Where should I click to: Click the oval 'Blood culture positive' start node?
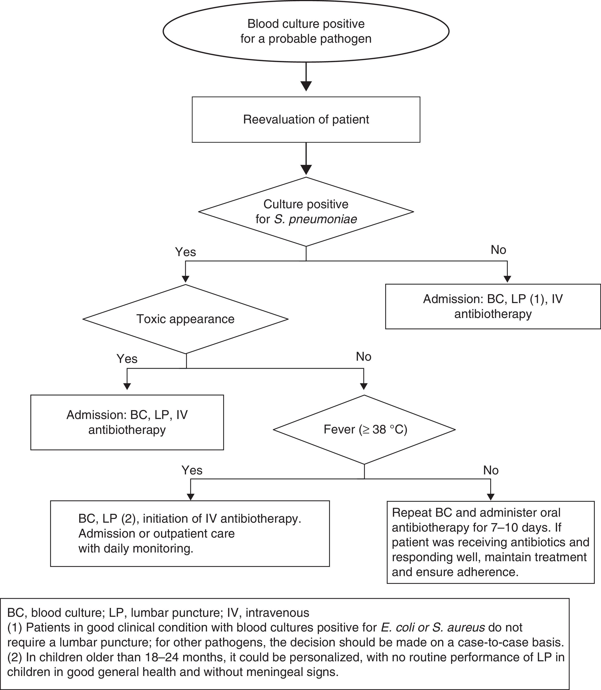click(306, 31)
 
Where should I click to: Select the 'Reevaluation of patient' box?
click(306, 119)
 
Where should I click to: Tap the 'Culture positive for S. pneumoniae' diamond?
click(306, 212)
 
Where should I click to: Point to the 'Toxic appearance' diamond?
click(186, 319)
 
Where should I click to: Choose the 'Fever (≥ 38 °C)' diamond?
click(364, 430)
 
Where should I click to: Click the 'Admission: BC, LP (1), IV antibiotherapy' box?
click(493, 307)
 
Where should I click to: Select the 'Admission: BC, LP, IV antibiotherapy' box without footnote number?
click(127, 422)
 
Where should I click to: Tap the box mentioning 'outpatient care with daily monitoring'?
click(190, 534)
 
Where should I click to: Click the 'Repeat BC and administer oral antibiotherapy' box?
click(490, 542)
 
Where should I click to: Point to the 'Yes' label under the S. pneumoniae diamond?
click(186, 252)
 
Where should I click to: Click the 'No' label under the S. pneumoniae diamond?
click(498, 250)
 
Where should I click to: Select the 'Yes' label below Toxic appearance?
click(127, 359)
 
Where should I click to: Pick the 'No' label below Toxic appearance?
click(364, 357)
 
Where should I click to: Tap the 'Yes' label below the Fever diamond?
click(192, 470)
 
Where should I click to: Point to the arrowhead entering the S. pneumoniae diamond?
click(306, 170)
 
